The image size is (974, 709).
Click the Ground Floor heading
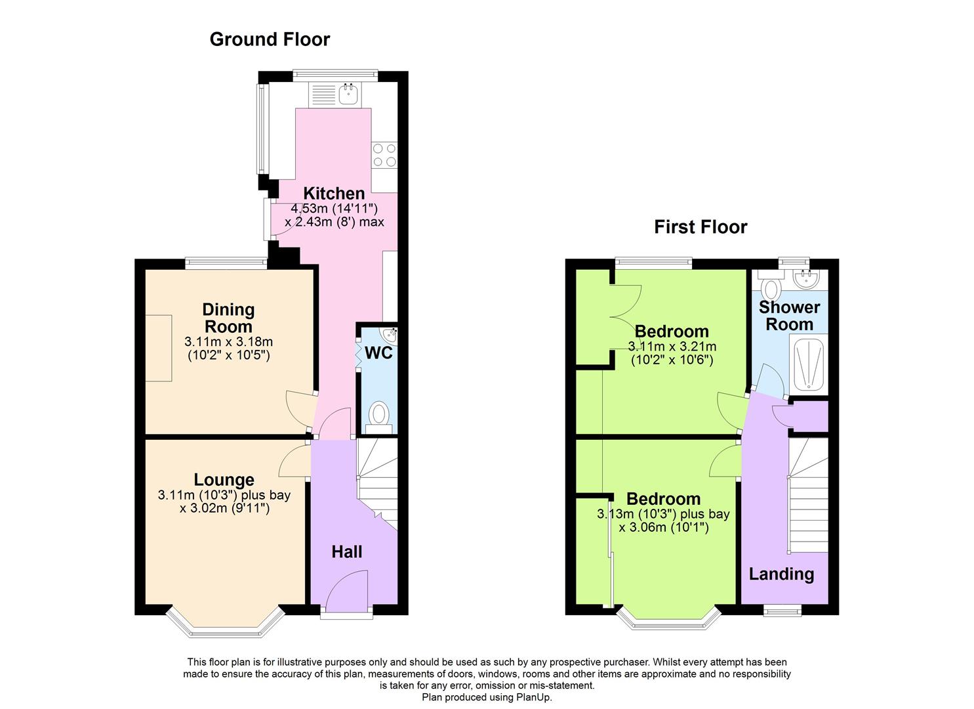pyautogui.click(x=270, y=39)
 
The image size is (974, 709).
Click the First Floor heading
pyautogui.click(x=700, y=227)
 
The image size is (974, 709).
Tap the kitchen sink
pyautogui.click(x=348, y=95)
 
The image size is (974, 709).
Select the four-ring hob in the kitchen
pyautogui.click(x=384, y=155)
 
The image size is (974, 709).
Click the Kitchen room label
pyautogui.click(x=334, y=194)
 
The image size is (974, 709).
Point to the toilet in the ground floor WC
pyautogui.click(x=378, y=416)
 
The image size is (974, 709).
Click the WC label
pyautogui.click(x=378, y=353)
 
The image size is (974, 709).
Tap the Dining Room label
pyautogui.click(x=228, y=318)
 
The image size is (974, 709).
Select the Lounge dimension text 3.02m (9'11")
pyautogui.click(x=224, y=509)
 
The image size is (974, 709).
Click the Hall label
pyautogui.click(x=346, y=552)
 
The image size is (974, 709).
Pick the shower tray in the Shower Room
pyautogui.click(x=808, y=365)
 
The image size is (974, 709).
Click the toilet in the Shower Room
pyautogui.click(x=771, y=288)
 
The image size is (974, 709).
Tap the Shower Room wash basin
pyautogui.click(x=805, y=280)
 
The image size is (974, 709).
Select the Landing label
pyautogui.click(x=781, y=574)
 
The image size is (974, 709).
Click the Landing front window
pyautogui.click(x=782, y=611)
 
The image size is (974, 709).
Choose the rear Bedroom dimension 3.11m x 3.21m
pyautogui.click(x=672, y=347)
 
